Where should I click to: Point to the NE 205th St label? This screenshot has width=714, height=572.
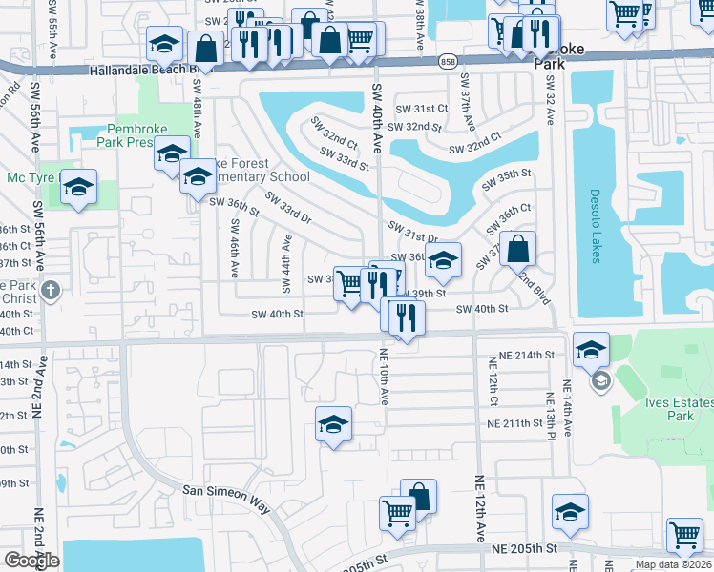point(524,549)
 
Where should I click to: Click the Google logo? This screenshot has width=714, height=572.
point(31,561)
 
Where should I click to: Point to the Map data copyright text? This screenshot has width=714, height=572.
point(674,564)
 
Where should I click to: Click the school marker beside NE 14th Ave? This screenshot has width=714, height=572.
point(591,350)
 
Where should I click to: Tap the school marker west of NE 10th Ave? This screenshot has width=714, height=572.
point(333,423)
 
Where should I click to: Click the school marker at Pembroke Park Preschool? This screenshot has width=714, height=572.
point(172,153)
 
